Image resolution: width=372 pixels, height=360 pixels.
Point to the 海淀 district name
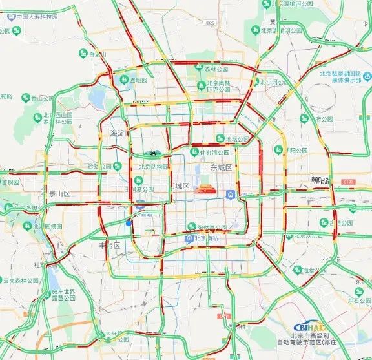click(x=118, y=132)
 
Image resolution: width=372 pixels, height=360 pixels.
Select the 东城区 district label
click(x=223, y=167)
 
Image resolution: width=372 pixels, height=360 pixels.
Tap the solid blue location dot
click(x=129, y=223)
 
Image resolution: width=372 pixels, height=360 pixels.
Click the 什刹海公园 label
click(x=214, y=153)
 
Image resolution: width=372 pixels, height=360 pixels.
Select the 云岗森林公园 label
click(x=19, y=280)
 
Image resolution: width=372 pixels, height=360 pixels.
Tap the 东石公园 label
click(x=358, y=300)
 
